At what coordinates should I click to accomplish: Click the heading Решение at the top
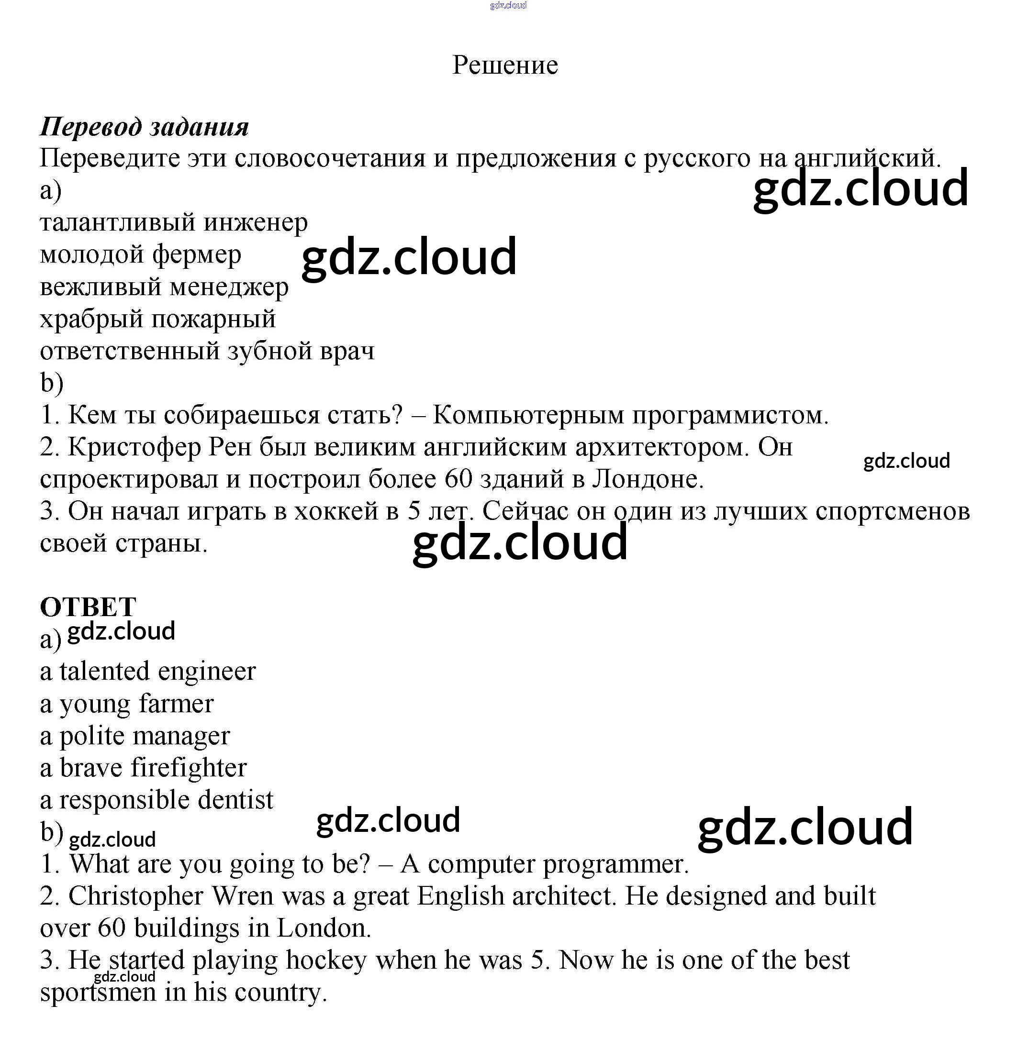505,65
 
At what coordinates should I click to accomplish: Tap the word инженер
256,222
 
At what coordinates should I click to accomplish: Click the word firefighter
189,768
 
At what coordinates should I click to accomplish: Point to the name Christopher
135,896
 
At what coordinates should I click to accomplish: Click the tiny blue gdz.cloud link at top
507,5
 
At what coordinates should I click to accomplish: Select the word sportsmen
98,993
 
